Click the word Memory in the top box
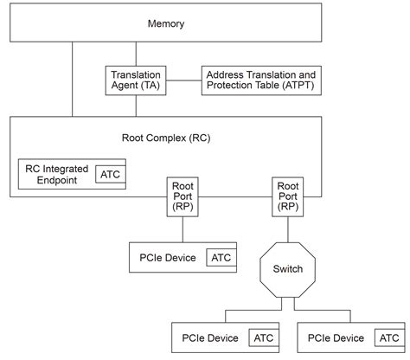[165, 23]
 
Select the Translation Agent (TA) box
[136, 80]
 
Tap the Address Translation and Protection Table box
[261, 80]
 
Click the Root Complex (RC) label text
[164, 137]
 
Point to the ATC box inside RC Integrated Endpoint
[110, 175]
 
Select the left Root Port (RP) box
[183, 196]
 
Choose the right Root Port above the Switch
[288, 196]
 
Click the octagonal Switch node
[288, 269]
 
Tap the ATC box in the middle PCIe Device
[221, 257]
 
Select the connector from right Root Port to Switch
[288, 228]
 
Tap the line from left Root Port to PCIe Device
[183, 228]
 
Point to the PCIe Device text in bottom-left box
[210, 336]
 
